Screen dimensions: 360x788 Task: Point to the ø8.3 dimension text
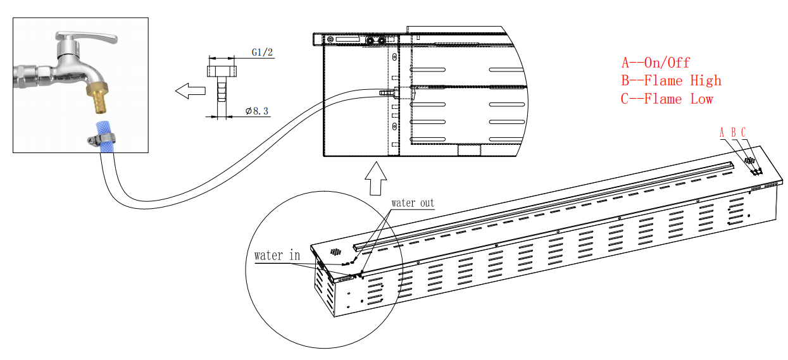257,111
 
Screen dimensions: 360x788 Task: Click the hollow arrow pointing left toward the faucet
190,92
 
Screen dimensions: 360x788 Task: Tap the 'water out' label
413,203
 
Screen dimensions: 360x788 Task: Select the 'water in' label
277,256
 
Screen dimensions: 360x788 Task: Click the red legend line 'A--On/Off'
656,63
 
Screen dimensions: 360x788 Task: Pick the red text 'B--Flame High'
672,80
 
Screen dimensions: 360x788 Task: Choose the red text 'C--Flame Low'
667,99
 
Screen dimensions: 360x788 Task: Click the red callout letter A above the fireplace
722,132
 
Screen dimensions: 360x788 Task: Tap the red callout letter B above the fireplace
733,132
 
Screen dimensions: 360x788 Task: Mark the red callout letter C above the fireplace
744,132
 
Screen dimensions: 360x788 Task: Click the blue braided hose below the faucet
101,127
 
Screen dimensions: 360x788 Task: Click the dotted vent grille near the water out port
335,251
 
